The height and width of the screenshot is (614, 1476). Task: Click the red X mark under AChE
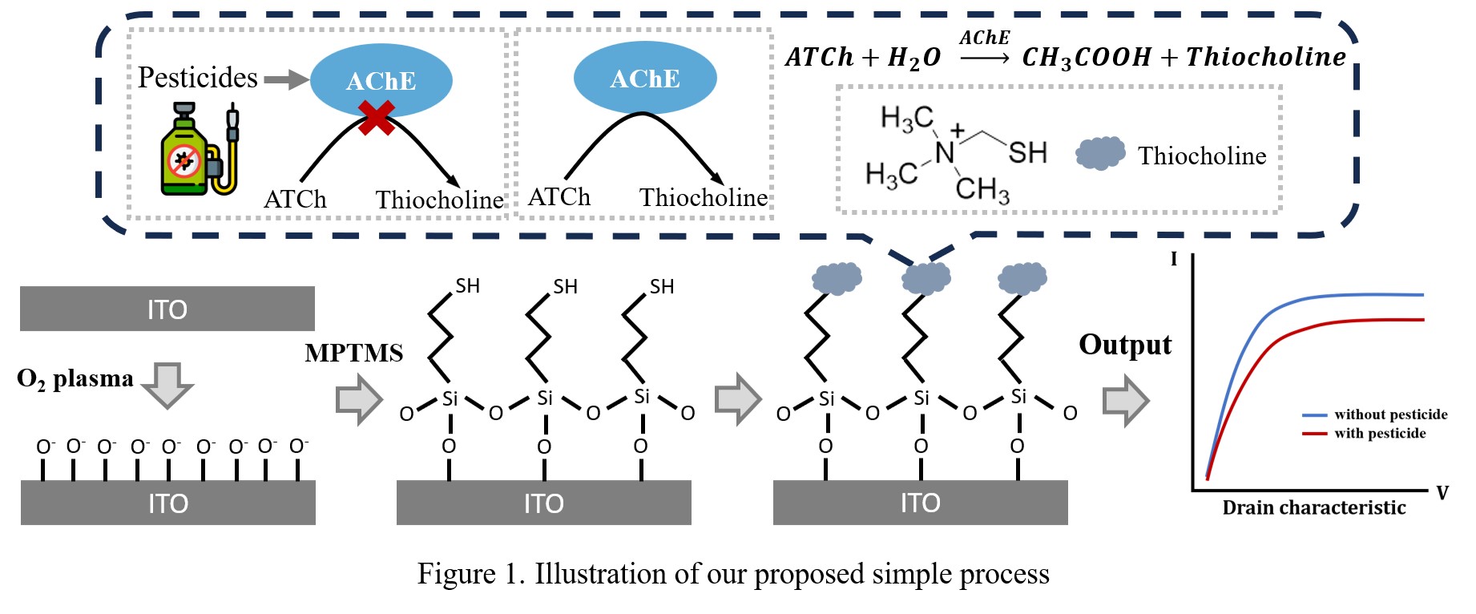click(x=376, y=118)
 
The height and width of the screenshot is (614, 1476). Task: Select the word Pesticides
click(x=197, y=78)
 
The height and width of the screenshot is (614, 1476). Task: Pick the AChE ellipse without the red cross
click(x=644, y=78)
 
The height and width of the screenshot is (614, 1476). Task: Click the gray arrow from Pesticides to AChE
click(x=286, y=79)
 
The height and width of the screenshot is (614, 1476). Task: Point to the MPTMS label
click(x=353, y=353)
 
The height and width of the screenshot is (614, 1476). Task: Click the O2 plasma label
click(x=75, y=378)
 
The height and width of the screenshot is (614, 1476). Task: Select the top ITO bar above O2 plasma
click(x=167, y=309)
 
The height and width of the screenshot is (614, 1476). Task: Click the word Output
click(x=1124, y=345)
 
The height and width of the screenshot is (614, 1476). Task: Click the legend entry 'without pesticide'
click(x=1389, y=414)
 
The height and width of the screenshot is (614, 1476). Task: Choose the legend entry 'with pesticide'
click(x=1379, y=434)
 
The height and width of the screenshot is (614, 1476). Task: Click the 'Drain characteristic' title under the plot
click(x=1313, y=507)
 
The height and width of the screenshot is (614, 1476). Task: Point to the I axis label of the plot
click(x=1174, y=259)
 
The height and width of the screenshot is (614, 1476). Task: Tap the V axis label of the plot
click(x=1442, y=493)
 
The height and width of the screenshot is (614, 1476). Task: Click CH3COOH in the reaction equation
click(x=1086, y=58)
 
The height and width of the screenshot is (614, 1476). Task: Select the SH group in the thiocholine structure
click(x=1027, y=152)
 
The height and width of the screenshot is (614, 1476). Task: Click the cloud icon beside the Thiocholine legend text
click(x=1099, y=153)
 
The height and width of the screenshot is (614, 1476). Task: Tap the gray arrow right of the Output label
click(x=1125, y=400)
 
